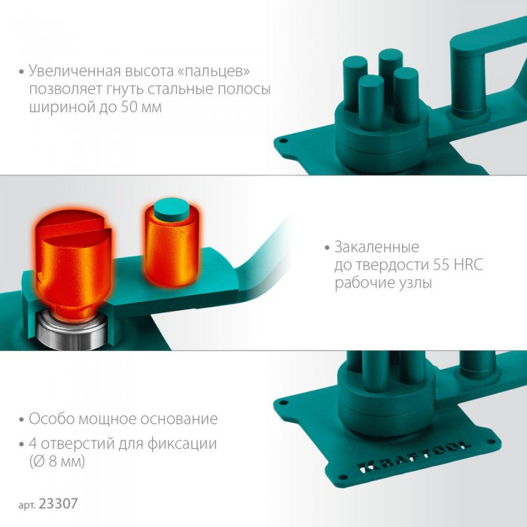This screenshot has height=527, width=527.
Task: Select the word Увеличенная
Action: point(75,71)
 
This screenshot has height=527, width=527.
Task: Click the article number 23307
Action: point(58,504)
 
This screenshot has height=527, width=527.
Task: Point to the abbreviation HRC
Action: point(468,265)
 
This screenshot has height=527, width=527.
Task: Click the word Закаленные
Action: point(376,248)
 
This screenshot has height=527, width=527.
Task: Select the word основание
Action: point(179,419)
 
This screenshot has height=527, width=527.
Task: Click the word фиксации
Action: point(182,444)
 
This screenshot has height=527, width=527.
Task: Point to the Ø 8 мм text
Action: point(57,462)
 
